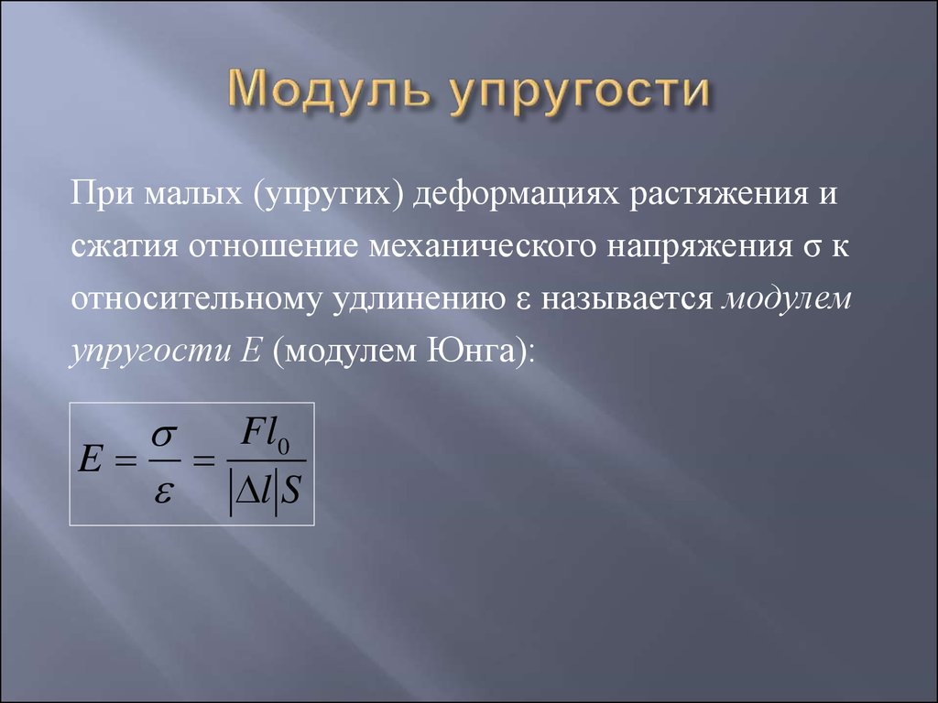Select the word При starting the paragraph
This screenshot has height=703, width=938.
coord(102,192)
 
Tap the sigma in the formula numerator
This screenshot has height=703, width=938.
coord(164,435)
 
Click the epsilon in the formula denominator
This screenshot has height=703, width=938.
coord(163,493)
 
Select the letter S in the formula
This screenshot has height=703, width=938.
coord(290,492)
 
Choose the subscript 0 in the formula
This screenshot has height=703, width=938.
coord(284,447)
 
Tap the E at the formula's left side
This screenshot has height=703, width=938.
coord(91,460)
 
